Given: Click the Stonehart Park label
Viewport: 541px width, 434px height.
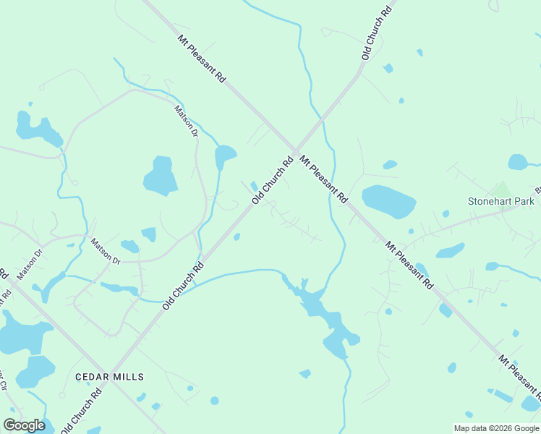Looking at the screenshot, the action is (501, 201).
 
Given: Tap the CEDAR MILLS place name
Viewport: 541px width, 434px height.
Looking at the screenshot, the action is (109, 377).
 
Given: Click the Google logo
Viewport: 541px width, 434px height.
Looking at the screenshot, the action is (24, 425).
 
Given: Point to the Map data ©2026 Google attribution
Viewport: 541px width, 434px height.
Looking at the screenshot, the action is (496, 428).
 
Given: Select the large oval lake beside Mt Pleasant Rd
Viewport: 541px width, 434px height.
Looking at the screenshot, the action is (388, 202).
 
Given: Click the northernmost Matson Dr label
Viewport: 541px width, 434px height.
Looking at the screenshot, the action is (186, 121).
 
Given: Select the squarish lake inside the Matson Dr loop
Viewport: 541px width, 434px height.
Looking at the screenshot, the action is (161, 176).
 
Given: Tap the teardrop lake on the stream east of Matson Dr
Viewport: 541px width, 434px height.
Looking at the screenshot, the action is (225, 156).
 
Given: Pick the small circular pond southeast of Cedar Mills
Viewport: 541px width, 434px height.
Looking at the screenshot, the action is (214, 401).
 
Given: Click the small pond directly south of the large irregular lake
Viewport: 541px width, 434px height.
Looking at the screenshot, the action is (305, 373).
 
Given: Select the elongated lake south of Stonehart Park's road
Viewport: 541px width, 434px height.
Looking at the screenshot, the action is (451, 251).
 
